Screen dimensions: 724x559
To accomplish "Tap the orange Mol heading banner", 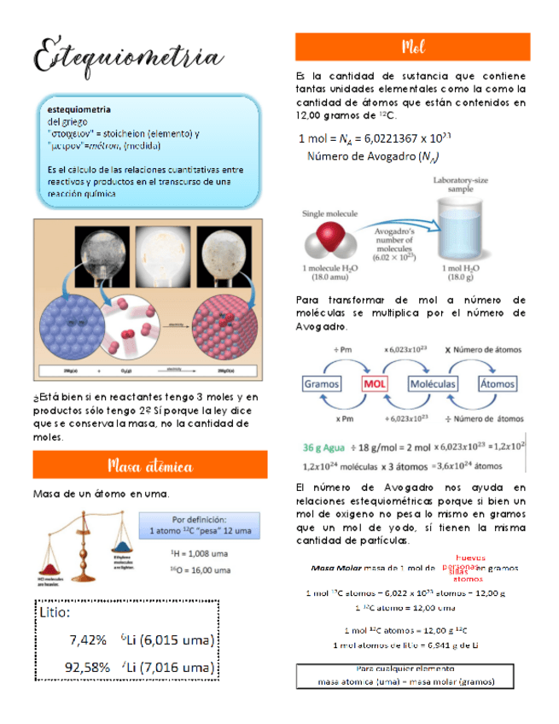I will [x=412, y=47].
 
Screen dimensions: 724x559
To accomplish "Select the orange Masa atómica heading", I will [x=150, y=465].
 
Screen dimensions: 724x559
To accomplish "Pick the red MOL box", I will [x=380, y=383].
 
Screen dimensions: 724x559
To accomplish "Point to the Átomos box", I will [x=500, y=383].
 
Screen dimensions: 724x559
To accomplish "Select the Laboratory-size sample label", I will [x=464, y=184].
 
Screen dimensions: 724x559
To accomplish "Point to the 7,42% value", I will [x=88, y=639].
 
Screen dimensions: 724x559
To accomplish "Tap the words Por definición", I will [x=199, y=518].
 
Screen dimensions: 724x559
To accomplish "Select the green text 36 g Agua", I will [x=325, y=447].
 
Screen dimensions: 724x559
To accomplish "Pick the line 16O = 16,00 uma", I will [x=199, y=568].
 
